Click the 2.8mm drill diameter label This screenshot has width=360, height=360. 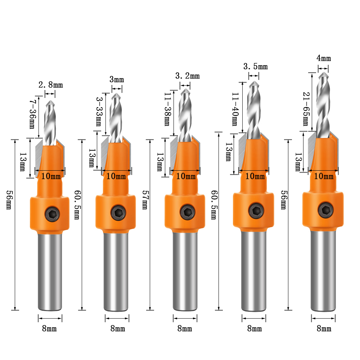click(50, 85)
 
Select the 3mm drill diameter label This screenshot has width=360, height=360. click(117, 79)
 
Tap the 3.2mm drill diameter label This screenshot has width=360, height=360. click(187, 76)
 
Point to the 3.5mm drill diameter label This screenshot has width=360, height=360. click(256, 67)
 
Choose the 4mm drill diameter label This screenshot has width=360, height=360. click(324, 58)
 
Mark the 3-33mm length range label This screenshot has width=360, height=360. click(99, 111)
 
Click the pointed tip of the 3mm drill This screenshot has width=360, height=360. click(117, 95)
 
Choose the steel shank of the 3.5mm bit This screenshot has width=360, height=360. click(254, 270)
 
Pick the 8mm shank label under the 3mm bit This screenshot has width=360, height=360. click(117, 328)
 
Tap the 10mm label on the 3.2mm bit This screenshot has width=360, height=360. click(186, 176)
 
